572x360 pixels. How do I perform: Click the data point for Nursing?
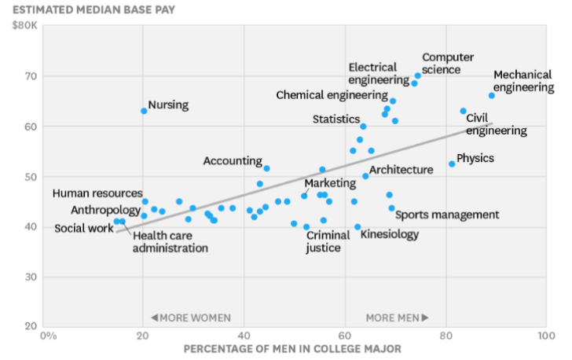coord(144,111)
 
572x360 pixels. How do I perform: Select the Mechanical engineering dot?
coord(492,95)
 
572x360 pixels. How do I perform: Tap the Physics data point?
coord(452,163)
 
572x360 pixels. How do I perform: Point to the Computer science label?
coord(448,64)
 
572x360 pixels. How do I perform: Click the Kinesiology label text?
coord(390,234)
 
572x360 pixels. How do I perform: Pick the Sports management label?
coord(446,215)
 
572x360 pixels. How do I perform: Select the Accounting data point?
coord(266,168)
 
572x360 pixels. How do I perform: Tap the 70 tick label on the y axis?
coord(28,76)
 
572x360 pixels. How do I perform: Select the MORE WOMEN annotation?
coord(190,318)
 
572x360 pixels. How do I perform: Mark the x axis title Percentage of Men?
coord(292,349)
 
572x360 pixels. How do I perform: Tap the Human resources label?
coord(97,193)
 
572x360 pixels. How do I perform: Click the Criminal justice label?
coord(324,241)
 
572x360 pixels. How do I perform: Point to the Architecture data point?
coord(365,176)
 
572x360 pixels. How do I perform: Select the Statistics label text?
coord(336,119)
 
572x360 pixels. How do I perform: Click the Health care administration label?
coord(170,241)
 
